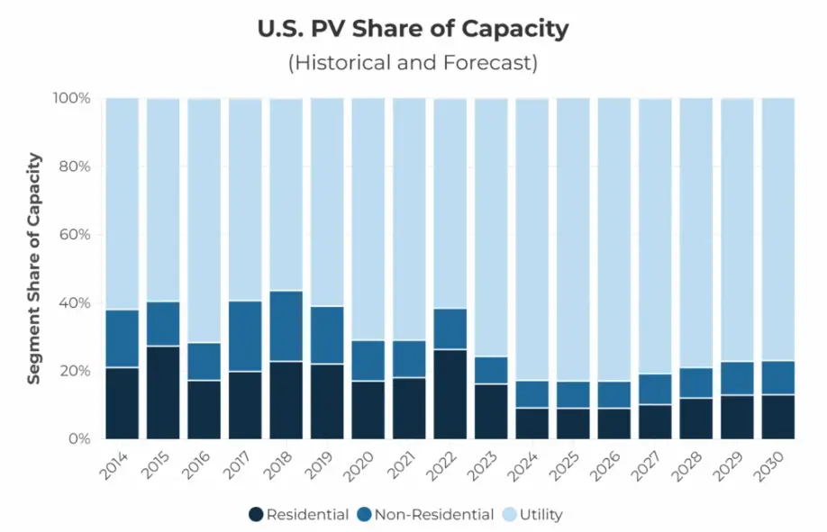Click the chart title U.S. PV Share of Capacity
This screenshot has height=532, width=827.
pyautogui.click(x=413, y=29)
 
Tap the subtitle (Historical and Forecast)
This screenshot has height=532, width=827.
pyautogui.click(x=413, y=63)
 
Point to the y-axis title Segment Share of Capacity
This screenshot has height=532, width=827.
pyautogui.click(x=33, y=268)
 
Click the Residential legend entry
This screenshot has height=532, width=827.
pyautogui.click(x=300, y=515)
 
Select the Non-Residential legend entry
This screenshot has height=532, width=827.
pyautogui.click(x=424, y=515)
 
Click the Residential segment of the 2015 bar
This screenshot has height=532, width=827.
pyautogui.click(x=163, y=392)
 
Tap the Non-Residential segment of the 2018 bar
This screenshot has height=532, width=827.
pyautogui.click(x=286, y=326)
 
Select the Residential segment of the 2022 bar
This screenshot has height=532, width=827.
pyautogui.click(x=450, y=394)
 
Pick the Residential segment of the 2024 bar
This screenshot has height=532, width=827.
pyautogui.click(x=532, y=423)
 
